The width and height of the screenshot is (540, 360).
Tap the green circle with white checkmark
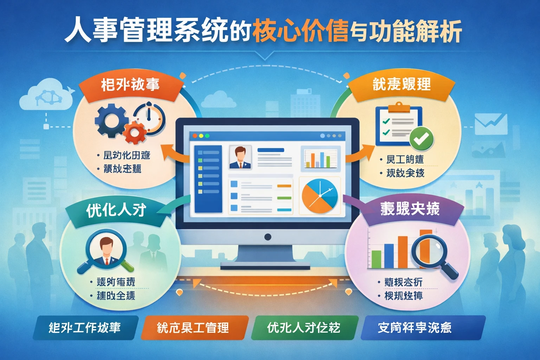[422, 139]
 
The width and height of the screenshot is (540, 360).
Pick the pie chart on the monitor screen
[320, 196]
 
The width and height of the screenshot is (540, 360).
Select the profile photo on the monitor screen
[240, 157]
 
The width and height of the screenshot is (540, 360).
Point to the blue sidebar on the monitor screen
[208, 179]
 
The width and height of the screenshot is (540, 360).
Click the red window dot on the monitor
[195, 136]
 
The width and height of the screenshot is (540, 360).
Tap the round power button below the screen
[268, 237]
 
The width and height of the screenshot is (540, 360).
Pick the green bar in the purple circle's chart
[376, 259]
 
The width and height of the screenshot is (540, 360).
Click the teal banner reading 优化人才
[116, 211]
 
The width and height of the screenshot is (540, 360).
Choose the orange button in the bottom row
[194, 328]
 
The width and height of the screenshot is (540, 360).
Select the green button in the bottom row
[304, 328]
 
